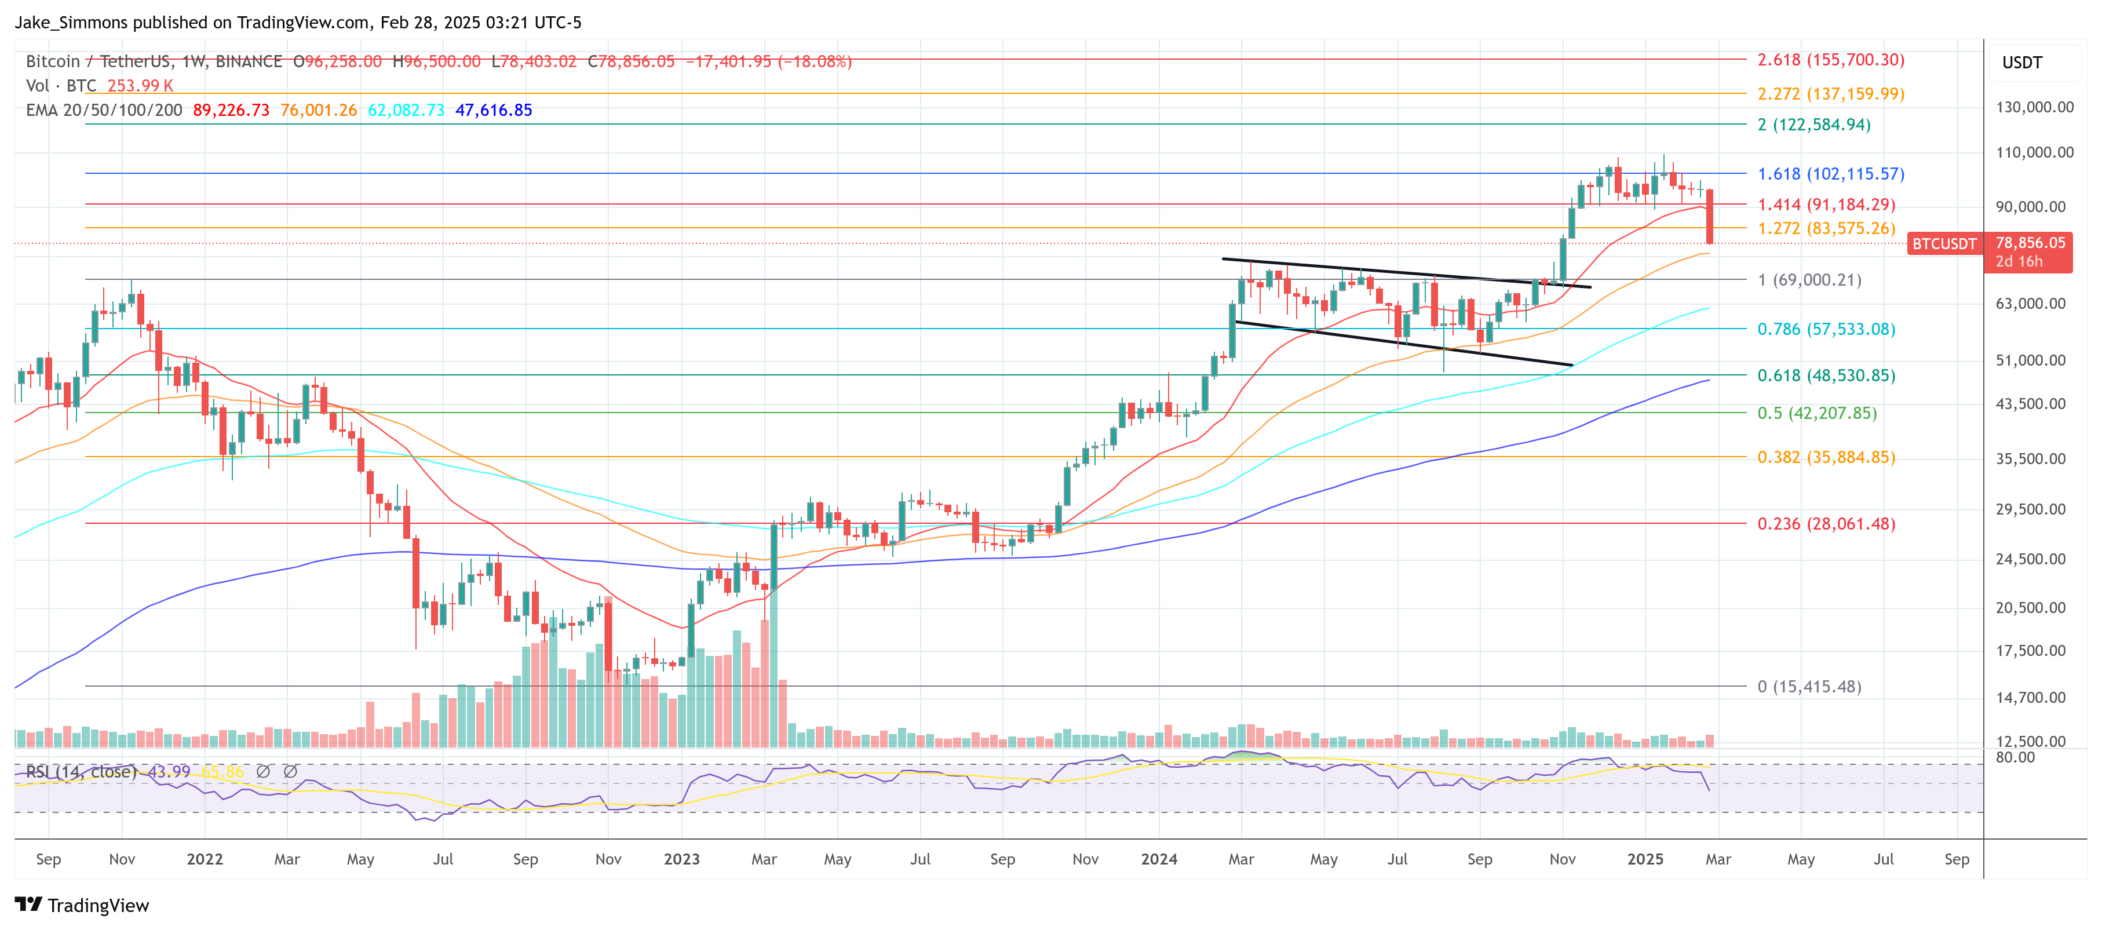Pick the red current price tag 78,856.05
coord(2030,243)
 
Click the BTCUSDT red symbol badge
coord(1944,244)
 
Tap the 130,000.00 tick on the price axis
coord(2034,107)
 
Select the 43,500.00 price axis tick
coord(2030,404)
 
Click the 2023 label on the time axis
coord(681,859)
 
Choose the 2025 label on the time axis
coord(1644,859)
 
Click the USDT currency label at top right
coord(2021,63)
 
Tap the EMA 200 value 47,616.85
coord(493,110)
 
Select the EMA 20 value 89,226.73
coord(231,110)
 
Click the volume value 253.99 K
coord(140,86)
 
